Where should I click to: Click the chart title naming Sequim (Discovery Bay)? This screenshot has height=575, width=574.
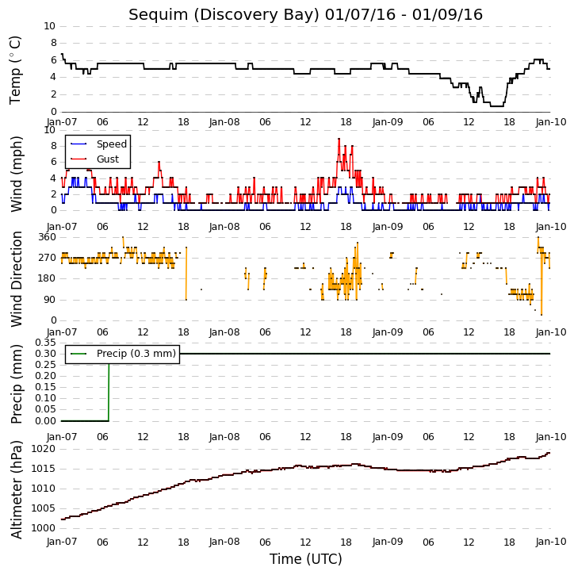point(305,14)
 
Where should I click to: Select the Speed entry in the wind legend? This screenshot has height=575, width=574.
point(112,144)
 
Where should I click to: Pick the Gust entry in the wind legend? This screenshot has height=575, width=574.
point(108,159)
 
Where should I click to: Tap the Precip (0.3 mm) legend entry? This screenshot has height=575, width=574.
point(136,354)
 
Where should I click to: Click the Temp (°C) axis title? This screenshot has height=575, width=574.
point(15,70)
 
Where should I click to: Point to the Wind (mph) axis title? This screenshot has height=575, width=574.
point(16,174)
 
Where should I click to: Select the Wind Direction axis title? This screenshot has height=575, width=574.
point(16,278)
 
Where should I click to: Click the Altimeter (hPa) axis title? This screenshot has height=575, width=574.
point(16,489)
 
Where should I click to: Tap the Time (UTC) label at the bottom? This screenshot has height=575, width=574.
point(306,559)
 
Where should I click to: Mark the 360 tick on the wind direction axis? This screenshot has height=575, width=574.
point(48,237)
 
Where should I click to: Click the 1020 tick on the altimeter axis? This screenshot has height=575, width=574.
point(44,449)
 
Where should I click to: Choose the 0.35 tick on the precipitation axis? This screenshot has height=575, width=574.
point(45,343)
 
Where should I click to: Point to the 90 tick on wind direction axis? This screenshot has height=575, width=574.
point(51,300)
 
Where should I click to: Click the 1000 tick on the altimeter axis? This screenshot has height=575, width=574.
point(44,528)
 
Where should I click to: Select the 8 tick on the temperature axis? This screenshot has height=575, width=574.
point(53,43)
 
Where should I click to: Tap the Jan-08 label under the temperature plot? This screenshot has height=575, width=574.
point(224,122)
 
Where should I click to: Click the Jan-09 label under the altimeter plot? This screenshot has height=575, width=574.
point(388,542)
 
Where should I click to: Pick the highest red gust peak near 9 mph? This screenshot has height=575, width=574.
point(339,139)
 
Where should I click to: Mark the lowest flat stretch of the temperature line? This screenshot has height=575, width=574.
point(496,106)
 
